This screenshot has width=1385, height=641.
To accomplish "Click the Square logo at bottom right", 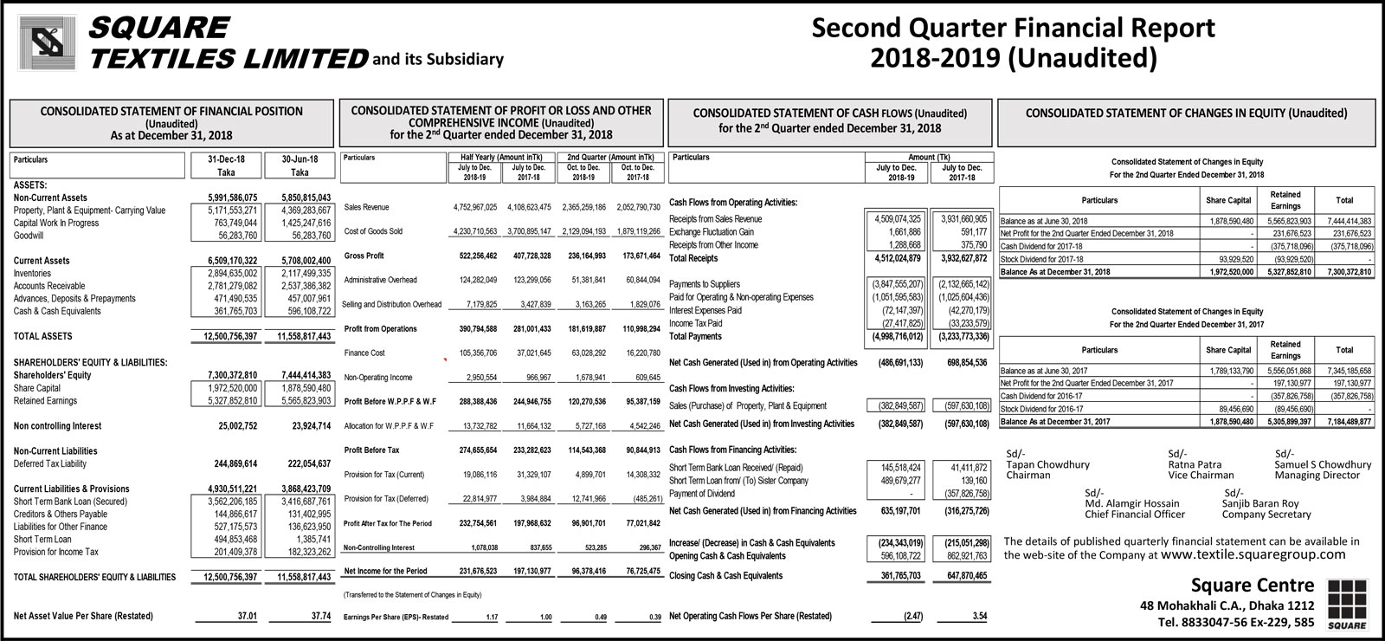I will point(1346,605).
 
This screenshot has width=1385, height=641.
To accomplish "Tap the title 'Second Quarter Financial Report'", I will point(1013,28).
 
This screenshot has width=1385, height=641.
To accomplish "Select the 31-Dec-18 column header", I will point(226,159).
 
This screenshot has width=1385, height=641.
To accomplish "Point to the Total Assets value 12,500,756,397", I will point(225,336).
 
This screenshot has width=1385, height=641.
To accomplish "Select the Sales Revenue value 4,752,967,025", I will point(474,208).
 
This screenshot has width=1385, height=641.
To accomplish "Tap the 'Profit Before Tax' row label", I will point(371,450).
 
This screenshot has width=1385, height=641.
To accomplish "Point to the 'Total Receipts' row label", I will point(692,258).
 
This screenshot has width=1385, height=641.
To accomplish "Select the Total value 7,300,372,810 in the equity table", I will point(1343,272).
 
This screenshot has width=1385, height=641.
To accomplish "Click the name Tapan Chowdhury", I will point(1047,464).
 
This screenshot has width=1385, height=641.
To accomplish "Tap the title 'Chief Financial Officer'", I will point(1134,514).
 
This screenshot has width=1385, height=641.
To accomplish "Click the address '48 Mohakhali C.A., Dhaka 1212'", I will point(1227,605).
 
